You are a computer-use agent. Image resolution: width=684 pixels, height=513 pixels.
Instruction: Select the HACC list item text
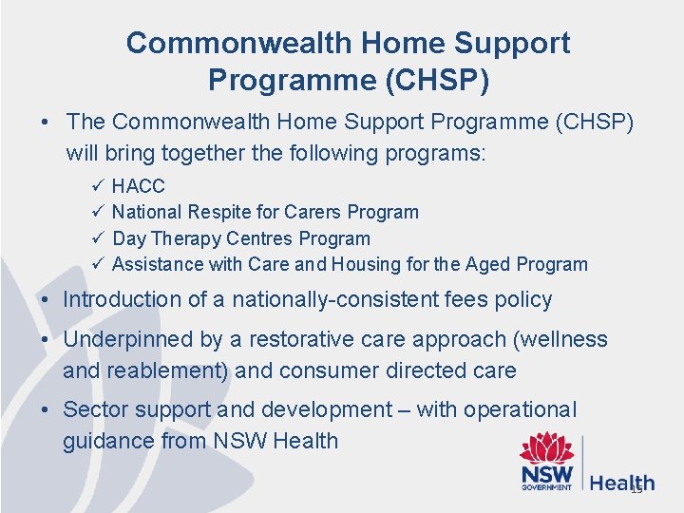(138, 186)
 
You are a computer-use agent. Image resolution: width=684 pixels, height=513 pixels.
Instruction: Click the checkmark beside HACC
(99, 186)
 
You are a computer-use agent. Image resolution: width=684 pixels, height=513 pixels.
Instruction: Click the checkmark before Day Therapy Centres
(99, 238)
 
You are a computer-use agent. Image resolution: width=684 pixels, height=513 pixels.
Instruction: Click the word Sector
(94, 410)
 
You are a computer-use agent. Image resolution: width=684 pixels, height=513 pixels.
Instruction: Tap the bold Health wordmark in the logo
(621, 483)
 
